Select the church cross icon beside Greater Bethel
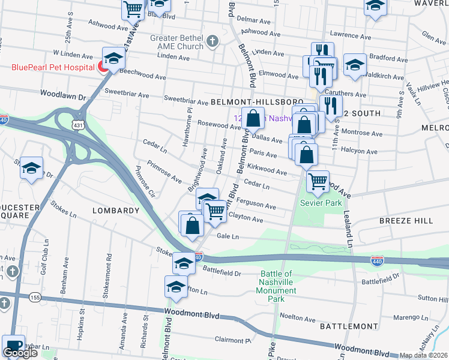(211, 41)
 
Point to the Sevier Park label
(321, 203)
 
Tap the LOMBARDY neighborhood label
(115, 211)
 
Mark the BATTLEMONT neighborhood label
(348, 325)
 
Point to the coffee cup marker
(13, 346)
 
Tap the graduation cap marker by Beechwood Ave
(113, 58)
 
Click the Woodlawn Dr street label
(64, 95)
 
